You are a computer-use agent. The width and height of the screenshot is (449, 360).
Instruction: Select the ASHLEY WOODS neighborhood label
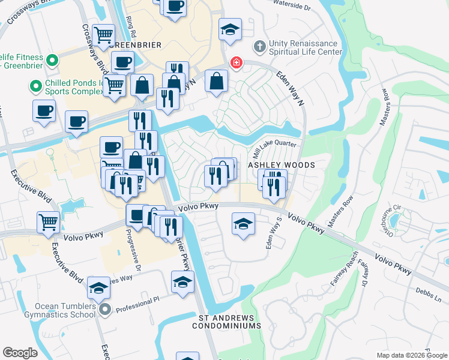(282, 164)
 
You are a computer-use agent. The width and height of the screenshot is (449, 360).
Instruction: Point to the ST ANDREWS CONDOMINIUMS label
(226, 322)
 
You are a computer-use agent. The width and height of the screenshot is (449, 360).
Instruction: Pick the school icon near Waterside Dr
(230, 29)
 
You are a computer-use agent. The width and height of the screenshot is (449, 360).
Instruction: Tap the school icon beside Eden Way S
(243, 224)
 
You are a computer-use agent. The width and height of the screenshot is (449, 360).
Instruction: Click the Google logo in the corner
(20, 353)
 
